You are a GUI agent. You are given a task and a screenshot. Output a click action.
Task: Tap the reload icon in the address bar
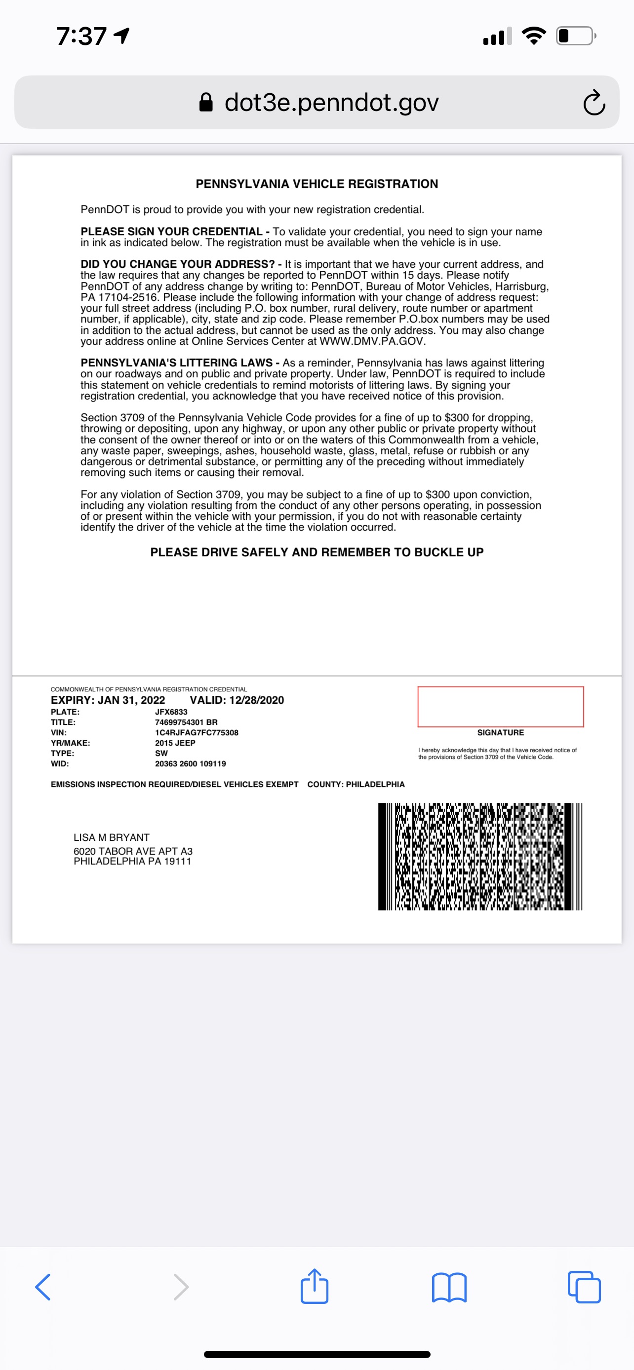pyautogui.click(x=594, y=103)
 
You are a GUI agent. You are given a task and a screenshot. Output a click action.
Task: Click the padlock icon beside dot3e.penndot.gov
pyautogui.click(x=206, y=102)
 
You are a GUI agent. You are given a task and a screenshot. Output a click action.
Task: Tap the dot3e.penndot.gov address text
pyautogui.click(x=331, y=102)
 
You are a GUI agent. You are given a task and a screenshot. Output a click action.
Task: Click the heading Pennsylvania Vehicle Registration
pyautogui.click(x=317, y=184)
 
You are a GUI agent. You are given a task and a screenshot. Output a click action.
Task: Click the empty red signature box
pyautogui.click(x=500, y=706)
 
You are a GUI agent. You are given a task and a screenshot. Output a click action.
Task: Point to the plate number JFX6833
pyautogui.click(x=171, y=712)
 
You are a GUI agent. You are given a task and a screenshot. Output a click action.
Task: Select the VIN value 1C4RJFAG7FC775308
pyautogui.click(x=197, y=732)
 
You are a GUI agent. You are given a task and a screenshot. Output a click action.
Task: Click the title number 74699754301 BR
pyautogui.click(x=186, y=722)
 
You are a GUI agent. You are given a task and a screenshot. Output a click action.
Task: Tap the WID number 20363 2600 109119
pyautogui.click(x=190, y=764)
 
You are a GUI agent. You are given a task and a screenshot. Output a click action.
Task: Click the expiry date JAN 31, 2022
pyautogui.click(x=131, y=700)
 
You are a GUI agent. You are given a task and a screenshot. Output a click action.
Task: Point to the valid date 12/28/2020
pyautogui.click(x=256, y=700)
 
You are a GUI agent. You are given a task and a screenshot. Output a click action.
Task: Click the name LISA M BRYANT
pyautogui.click(x=111, y=837)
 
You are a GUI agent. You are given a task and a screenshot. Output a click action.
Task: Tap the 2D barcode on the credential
pyautogui.click(x=480, y=856)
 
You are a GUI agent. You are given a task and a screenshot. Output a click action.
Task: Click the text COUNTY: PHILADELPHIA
pyautogui.click(x=356, y=785)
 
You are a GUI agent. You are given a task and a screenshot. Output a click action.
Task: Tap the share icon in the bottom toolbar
pyautogui.click(x=314, y=1287)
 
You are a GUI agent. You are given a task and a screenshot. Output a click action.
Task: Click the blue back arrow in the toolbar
pyautogui.click(x=43, y=1287)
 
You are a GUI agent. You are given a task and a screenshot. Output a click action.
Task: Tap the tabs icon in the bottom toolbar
pyautogui.click(x=584, y=1287)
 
